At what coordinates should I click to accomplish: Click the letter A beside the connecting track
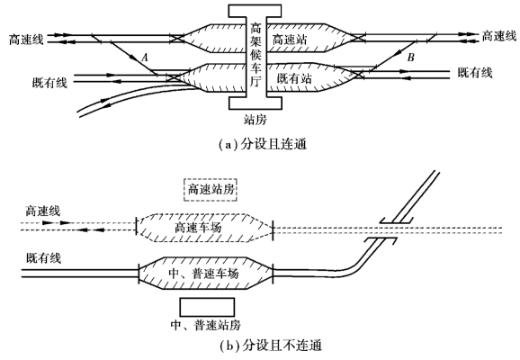click(x=145, y=58)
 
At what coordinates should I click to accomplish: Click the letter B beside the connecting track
click(x=410, y=58)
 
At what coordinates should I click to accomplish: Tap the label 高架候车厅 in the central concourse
click(x=256, y=55)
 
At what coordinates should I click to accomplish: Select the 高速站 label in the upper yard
click(x=290, y=40)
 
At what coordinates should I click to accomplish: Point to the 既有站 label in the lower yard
click(x=294, y=78)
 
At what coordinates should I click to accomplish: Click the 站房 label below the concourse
click(x=255, y=119)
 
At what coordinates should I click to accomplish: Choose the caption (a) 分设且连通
click(x=263, y=145)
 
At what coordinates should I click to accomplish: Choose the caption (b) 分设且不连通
click(x=271, y=346)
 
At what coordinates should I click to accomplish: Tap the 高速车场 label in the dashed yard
click(x=198, y=228)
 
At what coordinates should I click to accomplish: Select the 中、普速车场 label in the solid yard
click(x=203, y=274)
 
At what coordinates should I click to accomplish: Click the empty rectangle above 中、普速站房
click(x=207, y=298)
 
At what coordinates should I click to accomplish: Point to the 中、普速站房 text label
click(x=206, y=325)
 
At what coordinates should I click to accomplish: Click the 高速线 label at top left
click(x=26, y=40)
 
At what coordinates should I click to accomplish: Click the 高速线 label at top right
click(x=499, y=35)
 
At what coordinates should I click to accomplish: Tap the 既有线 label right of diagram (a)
click(x=475, y=72)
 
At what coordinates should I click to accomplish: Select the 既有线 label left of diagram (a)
click(x=49, y=82)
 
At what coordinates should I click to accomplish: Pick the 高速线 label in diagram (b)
click(x=43, y=211)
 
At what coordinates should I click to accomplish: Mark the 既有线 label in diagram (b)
click(x=44, y=258)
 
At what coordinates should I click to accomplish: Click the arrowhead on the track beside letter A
click(x=134, y=58)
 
